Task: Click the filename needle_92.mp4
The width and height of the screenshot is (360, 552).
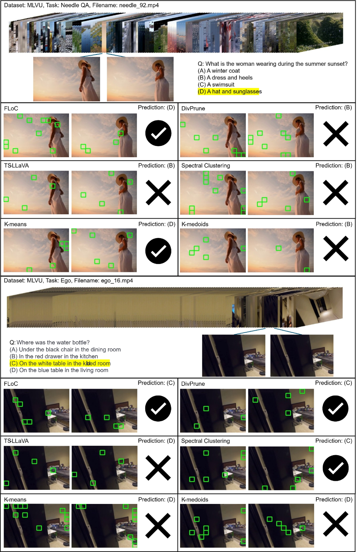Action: click(x=139, y=5)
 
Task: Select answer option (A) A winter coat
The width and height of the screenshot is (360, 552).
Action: click(x=219, y=71)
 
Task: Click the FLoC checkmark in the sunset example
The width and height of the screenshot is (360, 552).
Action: click(x=158, y=133)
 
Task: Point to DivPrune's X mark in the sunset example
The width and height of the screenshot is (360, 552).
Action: click(x=335, y=134)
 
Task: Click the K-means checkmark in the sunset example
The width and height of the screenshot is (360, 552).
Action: click(x=158, y=251)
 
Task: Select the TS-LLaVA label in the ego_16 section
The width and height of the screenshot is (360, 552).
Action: click(x=16, y=441)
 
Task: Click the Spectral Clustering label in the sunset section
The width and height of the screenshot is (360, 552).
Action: click(x=205, y=165)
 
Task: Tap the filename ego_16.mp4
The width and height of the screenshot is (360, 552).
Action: click(x=117, y=281)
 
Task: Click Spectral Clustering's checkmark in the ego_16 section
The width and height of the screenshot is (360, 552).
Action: click(x=335, y=468)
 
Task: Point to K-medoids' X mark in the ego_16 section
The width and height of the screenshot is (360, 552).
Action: click(x=335, y=524)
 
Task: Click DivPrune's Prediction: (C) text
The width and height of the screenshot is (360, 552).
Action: click(x=334, y=383)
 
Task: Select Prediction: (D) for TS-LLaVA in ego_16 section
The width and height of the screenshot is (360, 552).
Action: click(x=156, y=441)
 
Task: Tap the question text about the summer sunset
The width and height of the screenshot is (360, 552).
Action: click(x=273, y=64)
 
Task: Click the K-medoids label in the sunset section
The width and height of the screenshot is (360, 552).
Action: click(x=195, y=224)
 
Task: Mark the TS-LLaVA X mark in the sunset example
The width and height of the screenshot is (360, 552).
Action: click(x=158, y=193)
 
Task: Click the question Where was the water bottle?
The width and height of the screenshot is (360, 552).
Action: click(x=49, y=342)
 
